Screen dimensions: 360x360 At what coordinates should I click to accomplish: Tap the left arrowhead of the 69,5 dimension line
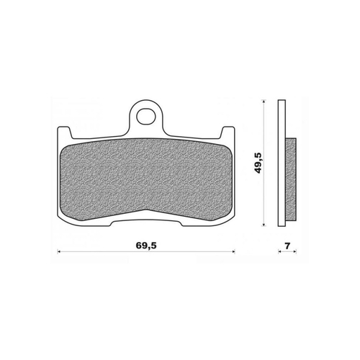(58, 252)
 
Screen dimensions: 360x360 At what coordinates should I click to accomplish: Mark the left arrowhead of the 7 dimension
(281, 252)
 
